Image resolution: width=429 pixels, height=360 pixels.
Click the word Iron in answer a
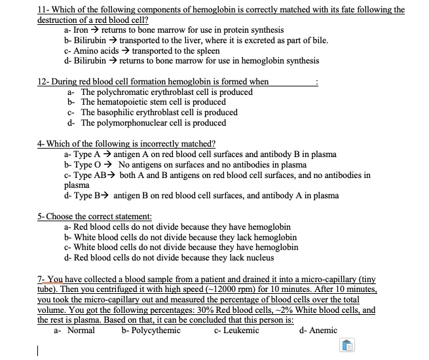point(82,30)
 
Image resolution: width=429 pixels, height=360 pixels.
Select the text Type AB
point(89,175)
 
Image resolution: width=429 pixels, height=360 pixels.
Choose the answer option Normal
point(81,331)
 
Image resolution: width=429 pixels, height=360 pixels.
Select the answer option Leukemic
point(241,331)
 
